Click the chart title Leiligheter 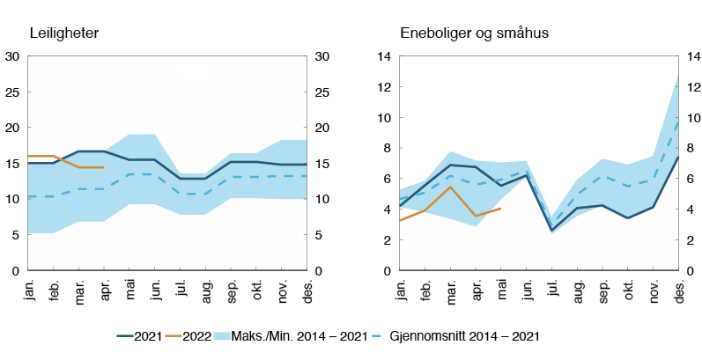[x=62, y=33]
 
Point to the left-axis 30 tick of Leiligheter [x=12, y=56]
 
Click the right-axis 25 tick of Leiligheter [x=322, y=92]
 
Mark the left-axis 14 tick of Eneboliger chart [x=384, y=56]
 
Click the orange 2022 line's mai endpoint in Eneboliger [x=500, y=209]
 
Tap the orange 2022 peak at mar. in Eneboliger [x=450, y=187]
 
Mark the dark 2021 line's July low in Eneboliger [x=551, y=231]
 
